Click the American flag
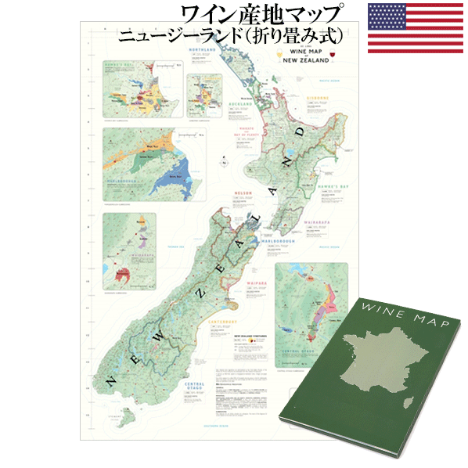pos(416,28)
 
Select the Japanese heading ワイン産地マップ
pos(261,15)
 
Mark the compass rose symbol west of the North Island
pos(225,164)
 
